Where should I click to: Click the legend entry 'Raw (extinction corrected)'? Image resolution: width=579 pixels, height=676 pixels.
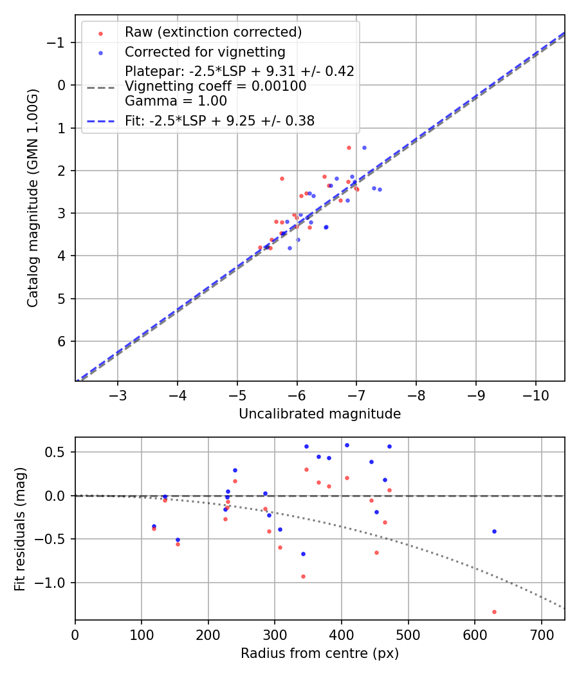tap(213, 32)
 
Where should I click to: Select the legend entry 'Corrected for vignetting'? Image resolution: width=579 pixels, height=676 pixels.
tap(205, 52)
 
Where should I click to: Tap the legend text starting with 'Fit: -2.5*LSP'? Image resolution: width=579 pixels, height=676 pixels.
tap(219, 120)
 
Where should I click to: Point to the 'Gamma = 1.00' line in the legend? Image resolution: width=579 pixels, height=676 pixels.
tap(176, 100)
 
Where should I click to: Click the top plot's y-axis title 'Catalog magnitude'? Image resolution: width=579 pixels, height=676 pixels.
tap(33, 198)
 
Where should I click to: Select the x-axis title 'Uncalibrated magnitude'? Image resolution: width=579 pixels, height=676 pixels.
tap(320, 414)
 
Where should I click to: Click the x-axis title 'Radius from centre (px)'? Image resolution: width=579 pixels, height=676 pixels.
tap(320, 653)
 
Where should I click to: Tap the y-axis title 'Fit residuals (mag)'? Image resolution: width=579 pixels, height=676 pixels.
tap(20, 529)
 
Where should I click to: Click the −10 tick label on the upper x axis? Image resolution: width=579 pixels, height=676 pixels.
tap(535, 393)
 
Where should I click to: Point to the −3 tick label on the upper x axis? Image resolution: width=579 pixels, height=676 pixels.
tap(118, 393)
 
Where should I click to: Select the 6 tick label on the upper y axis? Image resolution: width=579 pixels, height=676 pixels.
tap(62, 341)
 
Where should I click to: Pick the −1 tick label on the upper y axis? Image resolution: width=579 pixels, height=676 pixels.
tap(58, 42)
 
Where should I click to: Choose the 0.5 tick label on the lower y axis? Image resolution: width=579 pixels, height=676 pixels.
tap(57, 452)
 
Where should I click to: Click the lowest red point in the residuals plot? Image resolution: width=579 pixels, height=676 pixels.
tap(494, 612)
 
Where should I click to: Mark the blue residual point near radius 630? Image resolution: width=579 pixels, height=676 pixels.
tap(494, 531)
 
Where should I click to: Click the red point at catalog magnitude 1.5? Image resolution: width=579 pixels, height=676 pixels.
tap(349, 147)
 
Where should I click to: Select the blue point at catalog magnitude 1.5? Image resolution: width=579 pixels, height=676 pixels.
tap(364, 147)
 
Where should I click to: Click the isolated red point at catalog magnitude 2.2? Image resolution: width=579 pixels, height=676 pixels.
tap(282, 178)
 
